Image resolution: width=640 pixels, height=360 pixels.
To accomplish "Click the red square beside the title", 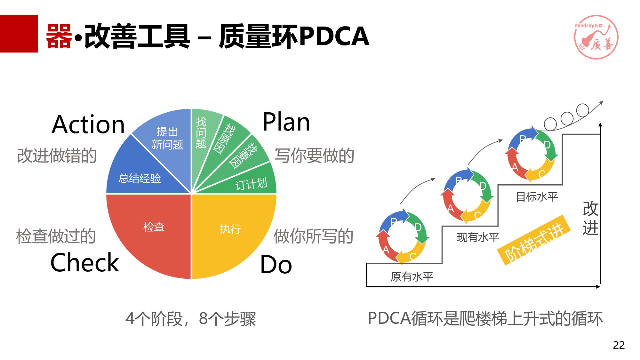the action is coord(19,34).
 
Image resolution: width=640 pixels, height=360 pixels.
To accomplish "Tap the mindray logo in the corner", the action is coord(596,37).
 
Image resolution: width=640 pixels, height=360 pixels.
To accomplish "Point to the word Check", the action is coord(85,262).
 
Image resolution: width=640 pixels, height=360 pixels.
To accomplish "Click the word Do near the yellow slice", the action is coord(276,265).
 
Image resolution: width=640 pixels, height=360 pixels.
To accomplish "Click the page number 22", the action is coord(619,345).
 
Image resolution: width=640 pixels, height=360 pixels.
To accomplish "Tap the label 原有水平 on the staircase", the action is coord(412,277).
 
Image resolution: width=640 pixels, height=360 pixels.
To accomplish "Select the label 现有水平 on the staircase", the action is coord(478,237).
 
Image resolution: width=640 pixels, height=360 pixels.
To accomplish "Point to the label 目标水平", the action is coord(537,197).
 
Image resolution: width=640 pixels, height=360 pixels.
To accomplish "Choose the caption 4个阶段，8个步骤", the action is coord(191,319).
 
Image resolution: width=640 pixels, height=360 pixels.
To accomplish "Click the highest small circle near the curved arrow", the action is coord(583,110).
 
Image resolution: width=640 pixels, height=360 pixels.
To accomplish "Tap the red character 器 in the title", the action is coord(59,36).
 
